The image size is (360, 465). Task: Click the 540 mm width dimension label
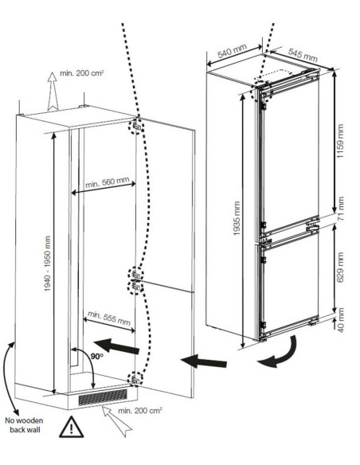coord(233,51)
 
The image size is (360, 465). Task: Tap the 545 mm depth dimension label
coord(303,55)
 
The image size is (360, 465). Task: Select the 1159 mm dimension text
coord(340,141)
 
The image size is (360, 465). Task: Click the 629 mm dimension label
coord(340,268)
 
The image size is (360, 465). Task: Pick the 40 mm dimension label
coord(341,320)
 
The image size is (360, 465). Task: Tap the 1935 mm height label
coord(237,218)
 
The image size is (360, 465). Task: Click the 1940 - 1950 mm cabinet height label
coord(47,264)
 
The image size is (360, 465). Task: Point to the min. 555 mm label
coord(109,318)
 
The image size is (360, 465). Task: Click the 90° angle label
coord(97,356)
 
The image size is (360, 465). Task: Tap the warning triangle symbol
coord(71,427)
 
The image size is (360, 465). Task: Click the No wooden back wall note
coord(24,424)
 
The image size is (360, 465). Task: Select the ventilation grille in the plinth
coord(103,397)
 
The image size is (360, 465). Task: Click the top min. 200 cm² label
coord(81,73)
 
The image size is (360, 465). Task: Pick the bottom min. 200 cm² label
coord(140,411)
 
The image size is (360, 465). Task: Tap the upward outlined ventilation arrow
coord(53,92)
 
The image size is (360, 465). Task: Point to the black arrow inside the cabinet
coord(116,346)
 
